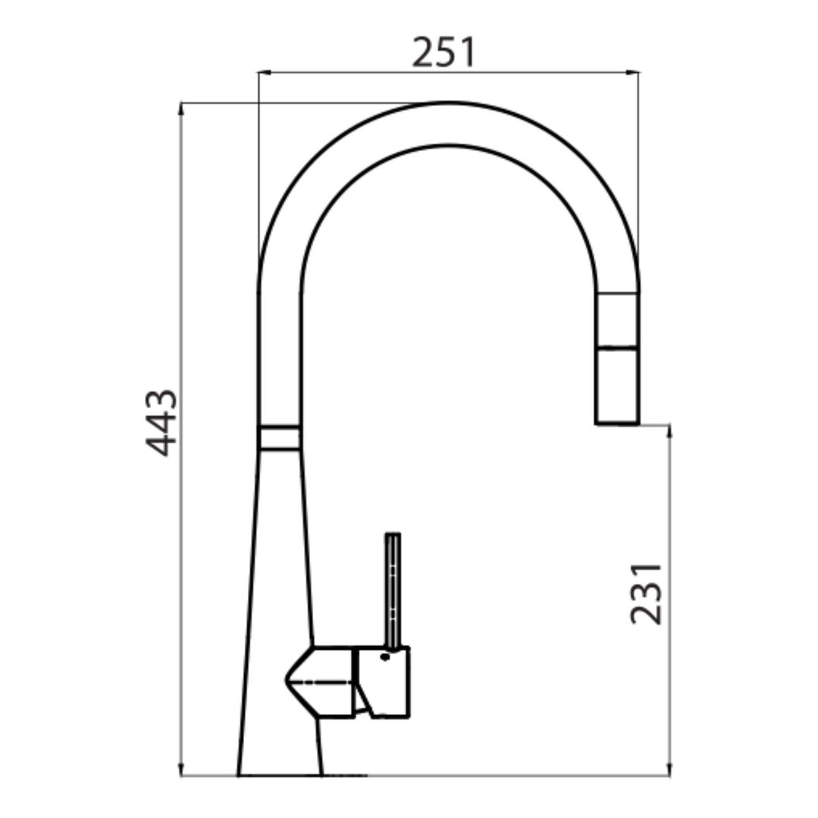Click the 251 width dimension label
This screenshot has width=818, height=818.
[443, 52]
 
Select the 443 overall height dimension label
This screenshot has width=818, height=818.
[161, 423]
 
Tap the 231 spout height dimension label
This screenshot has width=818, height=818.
[646, 594]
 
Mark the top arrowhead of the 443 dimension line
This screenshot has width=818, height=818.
[180, 108]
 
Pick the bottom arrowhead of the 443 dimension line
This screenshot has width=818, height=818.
[180, 770]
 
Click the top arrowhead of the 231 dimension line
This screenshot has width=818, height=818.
[670, 431]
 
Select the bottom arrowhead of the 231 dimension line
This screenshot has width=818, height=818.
[670, 770]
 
